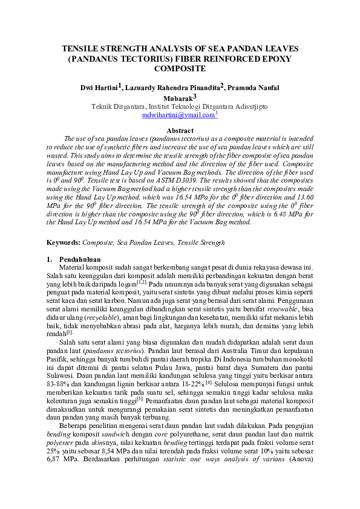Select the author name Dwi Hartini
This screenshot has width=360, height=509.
click(x=99, y=88)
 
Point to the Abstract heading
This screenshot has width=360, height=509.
click(x=180, y=130)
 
